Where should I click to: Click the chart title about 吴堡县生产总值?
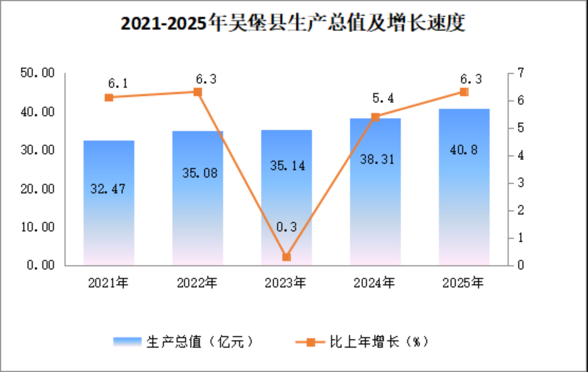[293, 23]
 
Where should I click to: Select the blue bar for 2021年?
[109, 203]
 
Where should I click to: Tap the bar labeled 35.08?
[198, 198]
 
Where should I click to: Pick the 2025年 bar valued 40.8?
[464, 187]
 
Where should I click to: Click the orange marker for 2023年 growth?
[286, 257]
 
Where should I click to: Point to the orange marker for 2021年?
[109, 97]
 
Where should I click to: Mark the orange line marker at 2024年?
[375, 117]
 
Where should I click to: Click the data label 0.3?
[286, 227]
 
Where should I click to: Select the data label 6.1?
[118, 84]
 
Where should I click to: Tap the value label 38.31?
[377, 159]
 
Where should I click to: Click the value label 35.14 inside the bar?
[288, 166]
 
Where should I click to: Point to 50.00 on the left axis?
[38, 73]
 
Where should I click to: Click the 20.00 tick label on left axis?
[38, 189]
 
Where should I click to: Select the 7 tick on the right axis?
[520, 73]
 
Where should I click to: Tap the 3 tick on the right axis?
[520, 183]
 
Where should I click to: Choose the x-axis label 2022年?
[197, 283]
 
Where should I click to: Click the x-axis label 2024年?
[374, 283]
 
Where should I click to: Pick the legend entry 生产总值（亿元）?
[184, 342]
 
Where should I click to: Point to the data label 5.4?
[383, 98]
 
